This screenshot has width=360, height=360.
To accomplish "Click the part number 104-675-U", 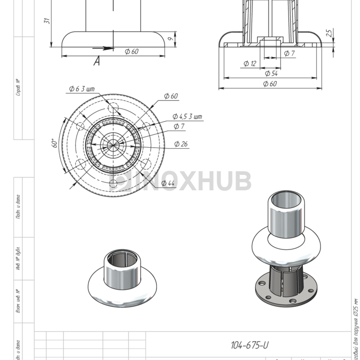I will click(x=250, y=345).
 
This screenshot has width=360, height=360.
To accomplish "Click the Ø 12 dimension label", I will click(x=249, y=63).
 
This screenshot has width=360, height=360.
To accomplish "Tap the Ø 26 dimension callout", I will click(x=181, y=144).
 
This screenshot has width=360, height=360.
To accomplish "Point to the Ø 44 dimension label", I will click(x=168, y=183).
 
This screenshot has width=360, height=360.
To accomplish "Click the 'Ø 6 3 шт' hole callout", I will click(x=82, y=89).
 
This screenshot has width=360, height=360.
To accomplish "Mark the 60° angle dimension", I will click(x=55, y=143).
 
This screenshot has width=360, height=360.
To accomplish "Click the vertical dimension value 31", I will click(x=46, y=21).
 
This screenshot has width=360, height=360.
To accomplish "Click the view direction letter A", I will click(x=97, y=61).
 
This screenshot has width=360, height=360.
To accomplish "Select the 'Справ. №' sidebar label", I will click(x=19, y=87).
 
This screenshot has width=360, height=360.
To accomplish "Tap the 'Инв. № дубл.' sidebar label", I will click(x=19, y=260).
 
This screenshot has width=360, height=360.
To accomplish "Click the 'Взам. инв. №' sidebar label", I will click(x=19, y=301).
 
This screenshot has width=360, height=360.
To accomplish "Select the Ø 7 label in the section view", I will click(x=289, y=53).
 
